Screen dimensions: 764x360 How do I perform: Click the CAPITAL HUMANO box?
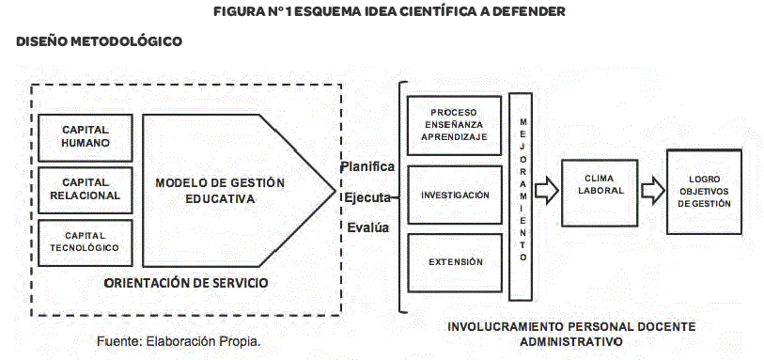point(86,138)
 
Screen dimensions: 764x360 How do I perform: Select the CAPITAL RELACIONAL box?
point(86,190)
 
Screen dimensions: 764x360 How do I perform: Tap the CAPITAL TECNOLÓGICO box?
point(86,243)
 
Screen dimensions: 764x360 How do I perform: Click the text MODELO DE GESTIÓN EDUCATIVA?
point(220,191)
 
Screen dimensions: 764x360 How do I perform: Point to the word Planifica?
point(367,166)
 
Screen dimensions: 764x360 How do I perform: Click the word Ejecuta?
point(367,197)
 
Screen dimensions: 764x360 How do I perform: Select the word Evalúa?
point(368,227)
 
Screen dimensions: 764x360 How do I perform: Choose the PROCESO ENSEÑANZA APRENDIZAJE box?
point(454,125)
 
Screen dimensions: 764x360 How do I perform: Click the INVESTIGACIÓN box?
point(454,195)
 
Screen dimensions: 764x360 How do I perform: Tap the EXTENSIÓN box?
point(454,262)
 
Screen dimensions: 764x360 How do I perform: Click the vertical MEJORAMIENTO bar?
point(521,196)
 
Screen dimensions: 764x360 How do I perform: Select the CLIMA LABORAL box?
point(600,193)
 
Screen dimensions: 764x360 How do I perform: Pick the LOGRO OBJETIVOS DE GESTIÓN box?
point(704,192)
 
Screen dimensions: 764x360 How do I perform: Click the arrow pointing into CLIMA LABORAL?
point(547,190)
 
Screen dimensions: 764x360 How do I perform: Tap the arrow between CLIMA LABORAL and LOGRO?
point(653,190)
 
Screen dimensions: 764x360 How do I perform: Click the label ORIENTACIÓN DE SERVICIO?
point(186,283)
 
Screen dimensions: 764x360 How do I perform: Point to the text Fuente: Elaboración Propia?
point(179,341)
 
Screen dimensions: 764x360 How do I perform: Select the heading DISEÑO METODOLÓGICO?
point(100,42)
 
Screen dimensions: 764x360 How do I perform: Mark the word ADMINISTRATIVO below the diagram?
point(571,341)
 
